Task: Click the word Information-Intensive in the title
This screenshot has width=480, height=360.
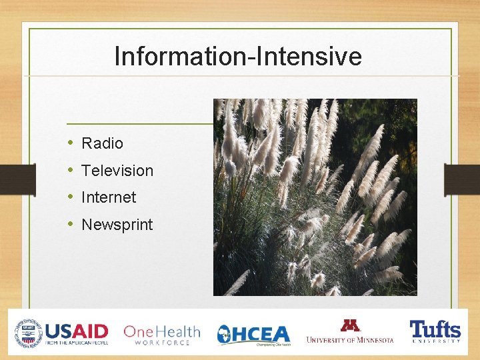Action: pos(238,57)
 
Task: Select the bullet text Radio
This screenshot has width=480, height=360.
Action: pos(102,143)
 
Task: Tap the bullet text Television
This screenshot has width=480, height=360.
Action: pos(117,171)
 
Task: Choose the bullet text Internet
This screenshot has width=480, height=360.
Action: pos(109,197)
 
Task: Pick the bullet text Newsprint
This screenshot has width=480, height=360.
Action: pos(117,225)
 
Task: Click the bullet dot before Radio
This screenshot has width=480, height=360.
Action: pos(71,143)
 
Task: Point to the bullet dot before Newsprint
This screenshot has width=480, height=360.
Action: pos(71,225)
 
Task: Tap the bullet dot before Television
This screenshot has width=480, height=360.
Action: pos(71,171)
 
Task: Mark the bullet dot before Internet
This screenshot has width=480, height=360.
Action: pos(71,197)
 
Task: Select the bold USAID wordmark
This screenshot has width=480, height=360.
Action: pos(77,330)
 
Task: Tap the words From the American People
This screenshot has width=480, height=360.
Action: pos(77,343)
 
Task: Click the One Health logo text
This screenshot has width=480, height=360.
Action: pos(161,331)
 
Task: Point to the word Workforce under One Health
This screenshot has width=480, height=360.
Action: pos(161,343)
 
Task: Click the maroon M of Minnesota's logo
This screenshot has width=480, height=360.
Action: pos(350,326)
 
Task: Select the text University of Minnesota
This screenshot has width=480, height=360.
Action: pos(350,340)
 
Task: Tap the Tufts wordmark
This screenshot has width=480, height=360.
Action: pos(435,329)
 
